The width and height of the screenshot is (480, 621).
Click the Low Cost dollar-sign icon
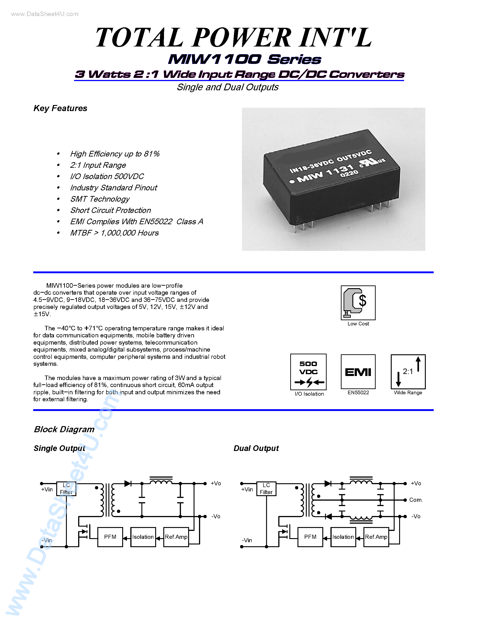[x=358, y=303]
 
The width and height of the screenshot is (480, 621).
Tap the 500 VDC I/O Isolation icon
[x=308, y=372]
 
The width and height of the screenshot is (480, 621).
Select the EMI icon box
[x=358, y=372]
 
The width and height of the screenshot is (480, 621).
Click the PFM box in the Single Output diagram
[x=110, y=537]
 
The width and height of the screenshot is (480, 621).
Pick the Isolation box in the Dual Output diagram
[x=343, y=537]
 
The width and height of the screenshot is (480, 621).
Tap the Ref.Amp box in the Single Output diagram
[x=176, y=537]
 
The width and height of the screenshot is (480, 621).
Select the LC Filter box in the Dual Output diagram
[x=266, y=489]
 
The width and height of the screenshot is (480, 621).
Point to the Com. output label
[x=416, y=500]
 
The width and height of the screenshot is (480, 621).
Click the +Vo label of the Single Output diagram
[x=215, y=483]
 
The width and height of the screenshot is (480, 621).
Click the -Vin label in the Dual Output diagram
[x=247, y=540]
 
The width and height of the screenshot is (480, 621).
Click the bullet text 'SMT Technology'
[x=100, y=199]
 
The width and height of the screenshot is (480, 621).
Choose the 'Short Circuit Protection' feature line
[x=111, y=210]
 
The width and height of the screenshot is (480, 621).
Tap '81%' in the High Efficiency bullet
[x=152, y=154]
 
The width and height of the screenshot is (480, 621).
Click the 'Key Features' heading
[x=60, y=108]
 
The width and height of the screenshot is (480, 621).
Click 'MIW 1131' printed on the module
[x=324, y=173]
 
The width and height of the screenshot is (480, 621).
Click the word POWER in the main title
[x=242, y=37]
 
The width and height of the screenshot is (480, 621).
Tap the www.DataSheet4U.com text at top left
[x=45, y=14]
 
